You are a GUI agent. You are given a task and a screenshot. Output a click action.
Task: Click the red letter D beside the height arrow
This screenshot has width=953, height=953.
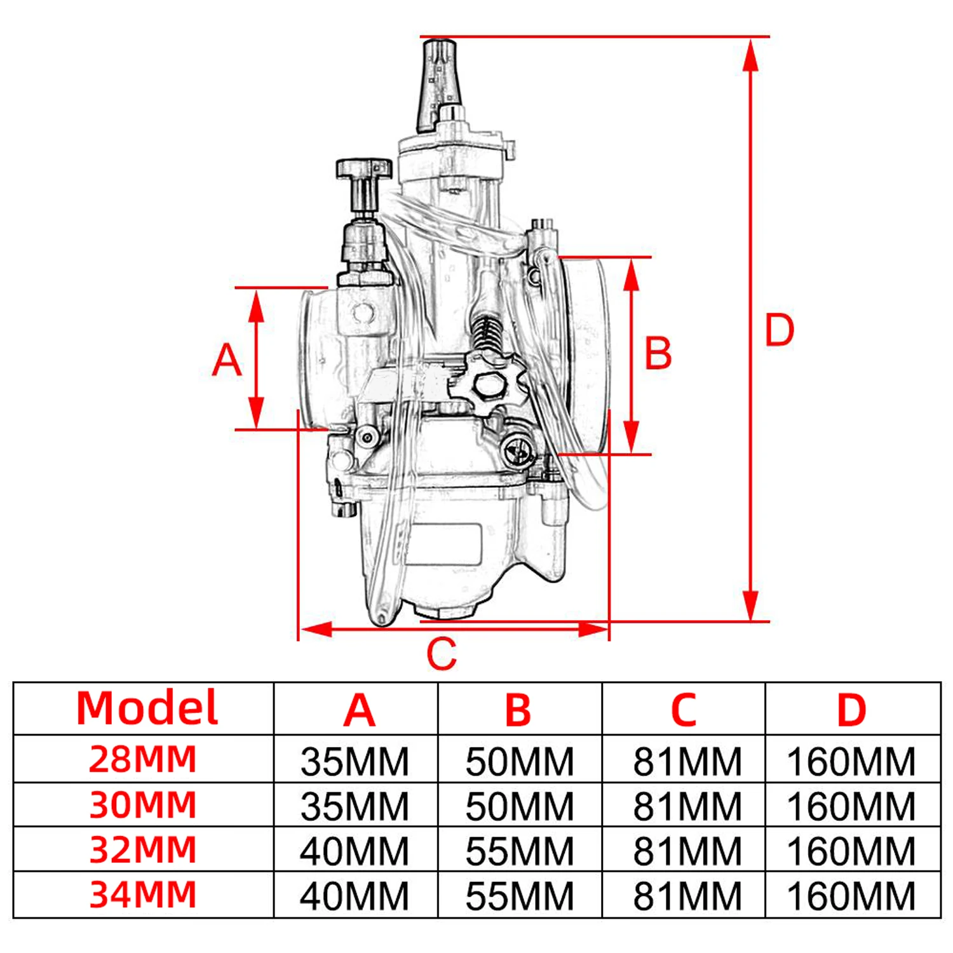[x=779, y=330]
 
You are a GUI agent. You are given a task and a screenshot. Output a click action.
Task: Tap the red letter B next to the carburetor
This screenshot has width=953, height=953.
[x=658, y=353]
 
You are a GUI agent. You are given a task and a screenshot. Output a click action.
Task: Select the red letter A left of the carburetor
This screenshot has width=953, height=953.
[x=226, y=360]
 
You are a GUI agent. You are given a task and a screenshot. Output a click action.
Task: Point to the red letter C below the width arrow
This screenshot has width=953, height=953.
[x=441, y=654]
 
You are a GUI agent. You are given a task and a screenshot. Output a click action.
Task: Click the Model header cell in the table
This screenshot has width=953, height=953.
[x=147, y=708]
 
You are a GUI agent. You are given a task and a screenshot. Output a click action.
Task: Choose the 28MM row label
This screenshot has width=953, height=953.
[x=143, y=759]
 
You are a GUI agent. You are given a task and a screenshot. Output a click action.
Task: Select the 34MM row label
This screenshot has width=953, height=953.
[x=143, y=895]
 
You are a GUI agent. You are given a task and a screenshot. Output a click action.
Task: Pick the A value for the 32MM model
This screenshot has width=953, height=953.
[x=354, y=851]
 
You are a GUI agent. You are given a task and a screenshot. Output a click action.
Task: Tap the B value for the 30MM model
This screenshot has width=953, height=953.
[x=519, y=806]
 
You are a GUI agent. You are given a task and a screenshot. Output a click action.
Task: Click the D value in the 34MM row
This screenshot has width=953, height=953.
[x=851, y=896]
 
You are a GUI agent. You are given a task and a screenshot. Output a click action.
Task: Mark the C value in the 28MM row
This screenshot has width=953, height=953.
[x=687, y=761]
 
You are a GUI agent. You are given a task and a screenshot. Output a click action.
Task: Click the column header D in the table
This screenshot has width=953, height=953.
[x=851, y=709]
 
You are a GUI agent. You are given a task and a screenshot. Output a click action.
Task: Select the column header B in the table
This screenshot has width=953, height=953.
[x=518, y=709]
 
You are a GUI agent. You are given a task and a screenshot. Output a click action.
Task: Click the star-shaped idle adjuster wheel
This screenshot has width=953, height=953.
[x=488, y=384]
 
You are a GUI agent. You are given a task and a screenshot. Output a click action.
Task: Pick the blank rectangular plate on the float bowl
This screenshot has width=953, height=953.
[x=443, y=544]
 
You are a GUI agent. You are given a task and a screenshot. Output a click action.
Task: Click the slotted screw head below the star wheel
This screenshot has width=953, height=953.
[x=518, y=452]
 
